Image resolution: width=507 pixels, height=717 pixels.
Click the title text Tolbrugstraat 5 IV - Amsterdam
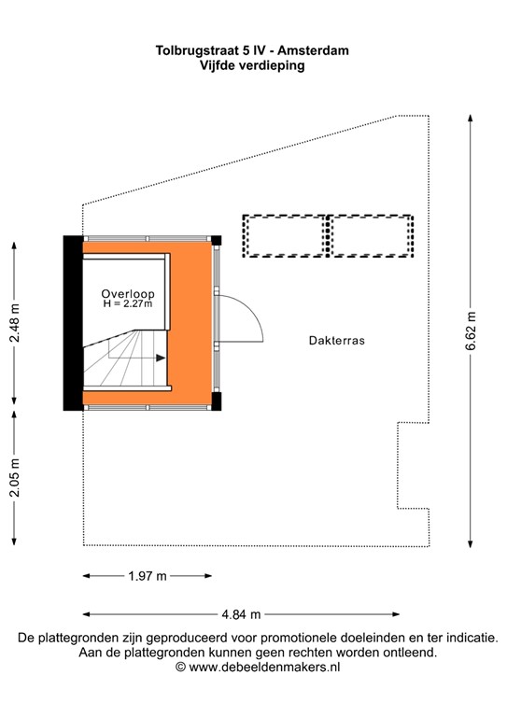click(253, 51)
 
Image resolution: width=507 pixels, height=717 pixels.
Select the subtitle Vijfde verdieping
click(253, 65)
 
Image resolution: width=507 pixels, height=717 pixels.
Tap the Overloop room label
click(128, 293)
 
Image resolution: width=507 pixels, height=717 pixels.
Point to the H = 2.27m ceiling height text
click(128, 304)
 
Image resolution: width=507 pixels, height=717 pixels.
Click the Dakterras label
click(336, 342)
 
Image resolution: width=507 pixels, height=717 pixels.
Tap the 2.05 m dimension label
click(14, 478)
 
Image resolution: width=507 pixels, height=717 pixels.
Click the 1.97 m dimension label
click(147, 576)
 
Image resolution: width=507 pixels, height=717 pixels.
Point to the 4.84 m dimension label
click(241, 614)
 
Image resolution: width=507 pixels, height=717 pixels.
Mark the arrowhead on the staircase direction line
click(161, 358)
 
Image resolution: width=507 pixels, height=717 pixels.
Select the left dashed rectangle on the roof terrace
click(285, 235)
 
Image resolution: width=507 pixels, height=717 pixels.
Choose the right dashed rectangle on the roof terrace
click(371, 235)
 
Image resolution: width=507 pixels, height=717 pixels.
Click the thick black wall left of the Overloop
click(72, 323)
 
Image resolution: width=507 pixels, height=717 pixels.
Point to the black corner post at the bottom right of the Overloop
click(217, 402)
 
